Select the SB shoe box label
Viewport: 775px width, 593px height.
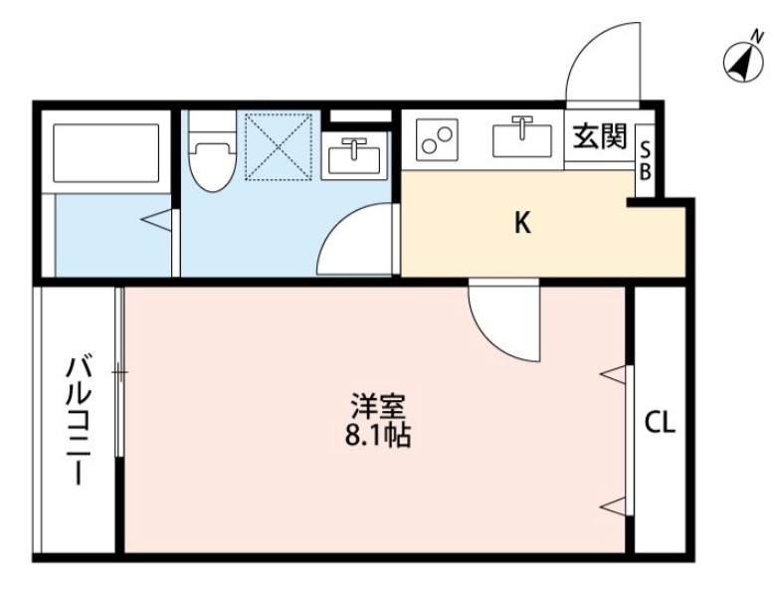645,161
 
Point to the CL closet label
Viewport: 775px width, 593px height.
660,424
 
